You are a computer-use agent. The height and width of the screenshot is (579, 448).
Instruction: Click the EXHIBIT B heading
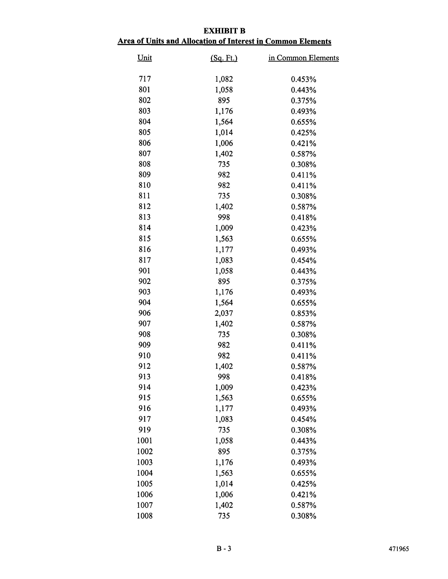click(x=224, y=31)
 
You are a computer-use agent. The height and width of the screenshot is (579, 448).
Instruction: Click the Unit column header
click(x=145, y=58)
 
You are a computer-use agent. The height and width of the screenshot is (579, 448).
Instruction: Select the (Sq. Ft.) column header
click(x=224, y=58)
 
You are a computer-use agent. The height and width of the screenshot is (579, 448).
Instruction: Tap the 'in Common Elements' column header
click(x=303, y=58)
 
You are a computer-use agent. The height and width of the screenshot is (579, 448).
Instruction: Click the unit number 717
click(x=145, y=79)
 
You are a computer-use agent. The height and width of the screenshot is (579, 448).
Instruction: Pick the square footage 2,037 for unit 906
click(x=224, y=313)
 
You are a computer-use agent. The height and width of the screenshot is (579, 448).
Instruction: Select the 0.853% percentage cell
click(x=304, y=313)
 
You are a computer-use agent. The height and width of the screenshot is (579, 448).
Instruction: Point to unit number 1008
click(x=145, y=516)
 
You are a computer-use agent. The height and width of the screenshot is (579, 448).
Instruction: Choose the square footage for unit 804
click(x=224, y=122)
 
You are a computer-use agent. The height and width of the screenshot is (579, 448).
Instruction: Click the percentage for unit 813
click(x=304, y=218)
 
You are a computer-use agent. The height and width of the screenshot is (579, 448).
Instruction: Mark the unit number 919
click(x=145, y=430)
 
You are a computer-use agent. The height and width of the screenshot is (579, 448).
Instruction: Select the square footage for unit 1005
click(x=224, y=484)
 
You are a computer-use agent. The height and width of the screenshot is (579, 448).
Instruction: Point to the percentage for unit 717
click(x=304, y=79)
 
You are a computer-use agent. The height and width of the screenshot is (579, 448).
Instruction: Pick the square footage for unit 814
click(x=224, y=228)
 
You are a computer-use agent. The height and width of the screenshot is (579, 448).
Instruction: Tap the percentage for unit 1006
click(x=304, y=495)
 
